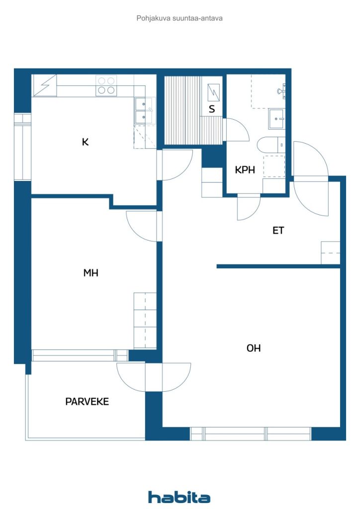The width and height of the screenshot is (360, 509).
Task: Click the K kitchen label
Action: click(86, 142)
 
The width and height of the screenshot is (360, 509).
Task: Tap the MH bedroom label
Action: click(91, 273)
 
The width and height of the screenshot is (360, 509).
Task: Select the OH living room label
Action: click(254, 348)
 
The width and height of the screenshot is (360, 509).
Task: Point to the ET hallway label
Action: click(278, 231)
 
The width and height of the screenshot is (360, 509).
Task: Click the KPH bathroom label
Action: click(245, 170)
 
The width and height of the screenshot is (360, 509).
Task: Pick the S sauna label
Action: click(212, 109)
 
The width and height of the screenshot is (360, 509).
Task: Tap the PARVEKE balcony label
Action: click(87, 402)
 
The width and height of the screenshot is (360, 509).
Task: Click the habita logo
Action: click(179, 497)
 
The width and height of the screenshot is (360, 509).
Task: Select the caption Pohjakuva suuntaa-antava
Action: click(180, 18)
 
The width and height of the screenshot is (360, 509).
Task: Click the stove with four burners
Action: click(106, 85)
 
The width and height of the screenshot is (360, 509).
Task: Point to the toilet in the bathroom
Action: click(271, 145)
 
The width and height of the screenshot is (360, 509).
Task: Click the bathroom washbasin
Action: click(276, 119)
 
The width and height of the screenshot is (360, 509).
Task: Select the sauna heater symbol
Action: click(213, 92)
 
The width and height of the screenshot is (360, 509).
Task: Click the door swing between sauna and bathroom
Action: click(237, 130)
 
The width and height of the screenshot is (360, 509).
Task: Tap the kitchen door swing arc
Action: click(177, 165)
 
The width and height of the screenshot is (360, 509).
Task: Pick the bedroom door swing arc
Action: click(142, 226)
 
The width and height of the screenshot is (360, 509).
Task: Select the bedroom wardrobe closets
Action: click(145, 321)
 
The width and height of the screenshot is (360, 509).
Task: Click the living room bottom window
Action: click(251, 433)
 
